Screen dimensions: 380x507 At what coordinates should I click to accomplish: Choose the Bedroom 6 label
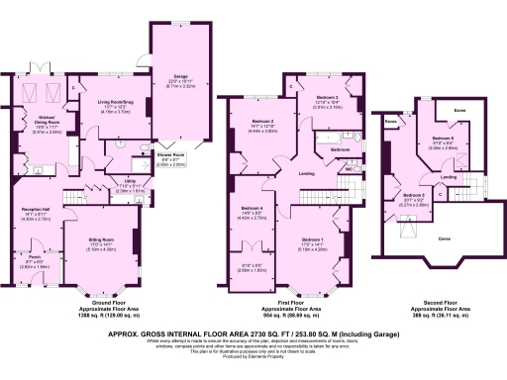click(443, 138)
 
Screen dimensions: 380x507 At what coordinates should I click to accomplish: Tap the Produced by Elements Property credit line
click(253, 358)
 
